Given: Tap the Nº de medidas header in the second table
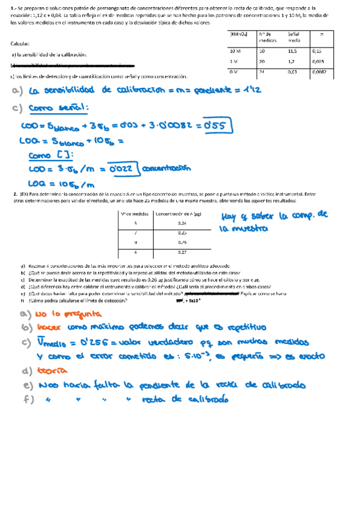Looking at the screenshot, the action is [135, 213].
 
